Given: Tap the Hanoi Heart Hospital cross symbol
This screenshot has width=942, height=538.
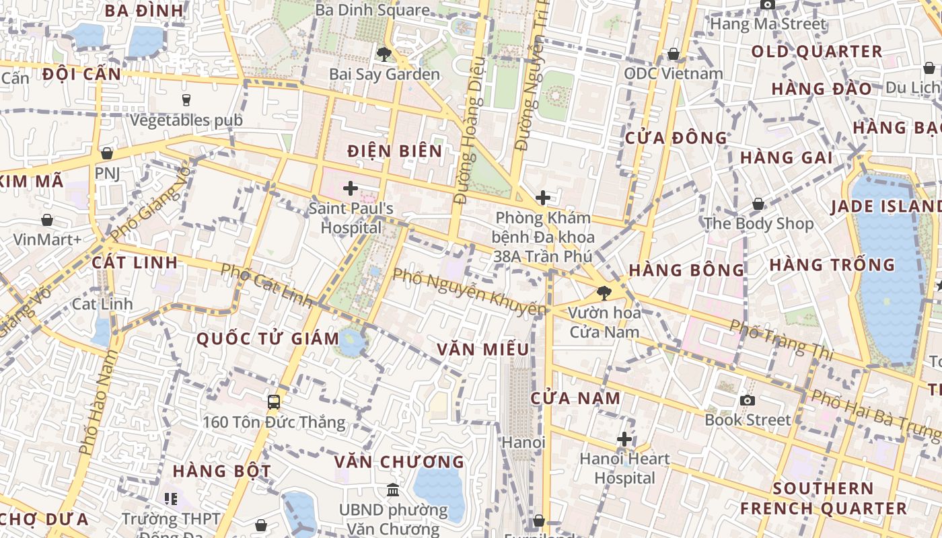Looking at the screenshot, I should (x=624, y=439).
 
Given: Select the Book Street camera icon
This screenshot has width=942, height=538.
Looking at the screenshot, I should (x=747, y=401).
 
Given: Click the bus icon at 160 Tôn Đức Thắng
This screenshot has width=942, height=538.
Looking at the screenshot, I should (x=274, y=402).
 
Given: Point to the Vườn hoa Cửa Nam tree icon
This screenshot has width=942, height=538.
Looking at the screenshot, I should (x=604, y=293).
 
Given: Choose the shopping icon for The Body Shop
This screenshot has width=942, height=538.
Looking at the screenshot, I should (x=758, y=203).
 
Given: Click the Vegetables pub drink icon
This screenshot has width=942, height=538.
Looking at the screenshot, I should (x=186, y=100).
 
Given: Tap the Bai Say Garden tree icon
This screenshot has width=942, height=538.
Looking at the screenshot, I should (x=384, y=54).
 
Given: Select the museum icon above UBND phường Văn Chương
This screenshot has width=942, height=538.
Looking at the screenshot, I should (x=393, y=489).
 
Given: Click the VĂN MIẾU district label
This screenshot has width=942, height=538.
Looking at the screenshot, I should (x=482, y=350).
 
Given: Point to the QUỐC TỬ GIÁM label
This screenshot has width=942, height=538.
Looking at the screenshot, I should (x=268, y=339).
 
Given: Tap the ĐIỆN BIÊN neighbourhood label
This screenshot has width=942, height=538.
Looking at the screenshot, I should (x=395, y=151).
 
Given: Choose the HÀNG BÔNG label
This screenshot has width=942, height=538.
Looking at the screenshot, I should (x=686, y=270).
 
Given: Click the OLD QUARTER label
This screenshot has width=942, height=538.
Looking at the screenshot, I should (x=817, y=52).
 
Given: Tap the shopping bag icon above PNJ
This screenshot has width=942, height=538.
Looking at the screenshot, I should (x=106, y=154).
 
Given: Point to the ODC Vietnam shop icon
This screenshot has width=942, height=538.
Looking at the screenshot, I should (x=674, y=54).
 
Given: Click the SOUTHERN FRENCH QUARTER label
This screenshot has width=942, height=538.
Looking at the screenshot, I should (x=824, y=498).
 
